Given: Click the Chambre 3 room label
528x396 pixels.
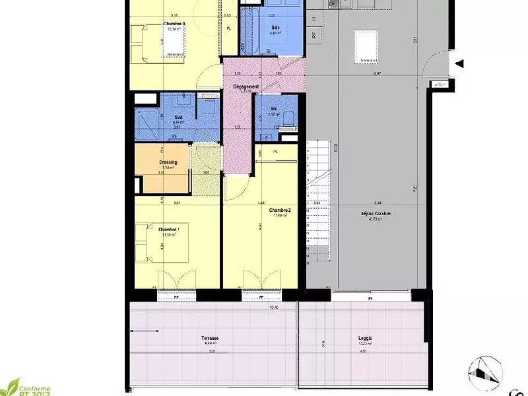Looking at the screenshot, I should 174,23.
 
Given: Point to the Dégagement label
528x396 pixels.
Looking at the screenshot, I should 245,86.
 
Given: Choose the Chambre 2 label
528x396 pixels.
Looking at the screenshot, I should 280,209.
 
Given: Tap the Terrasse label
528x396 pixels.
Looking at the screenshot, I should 210,339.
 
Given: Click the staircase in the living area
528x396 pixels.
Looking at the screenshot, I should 318,198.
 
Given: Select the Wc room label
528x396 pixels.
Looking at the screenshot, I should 272,110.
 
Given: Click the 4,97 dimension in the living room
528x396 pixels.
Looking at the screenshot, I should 377,73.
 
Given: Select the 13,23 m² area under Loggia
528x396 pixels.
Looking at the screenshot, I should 364,344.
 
